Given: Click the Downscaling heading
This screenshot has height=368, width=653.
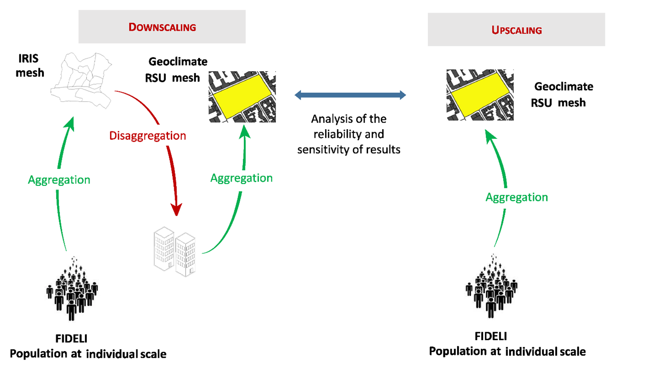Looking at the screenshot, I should click(x=162, y=27).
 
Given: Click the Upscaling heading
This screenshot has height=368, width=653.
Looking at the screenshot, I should click(x=516, y=30).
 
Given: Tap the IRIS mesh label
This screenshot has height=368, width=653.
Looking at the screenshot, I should click(x=30, y=65).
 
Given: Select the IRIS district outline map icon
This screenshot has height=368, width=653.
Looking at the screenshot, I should click(x=81, y=80).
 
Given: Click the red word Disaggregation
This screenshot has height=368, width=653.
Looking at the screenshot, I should click(x=147, y=135).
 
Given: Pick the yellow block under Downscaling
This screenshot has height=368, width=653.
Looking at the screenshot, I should click(x=242, y=95).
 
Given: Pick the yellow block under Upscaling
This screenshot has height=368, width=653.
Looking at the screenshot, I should click(x=480, y=94).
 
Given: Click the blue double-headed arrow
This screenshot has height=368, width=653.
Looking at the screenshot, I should click(x=350, y=95).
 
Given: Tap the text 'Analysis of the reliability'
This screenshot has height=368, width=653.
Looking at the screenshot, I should click(x=349, y=126).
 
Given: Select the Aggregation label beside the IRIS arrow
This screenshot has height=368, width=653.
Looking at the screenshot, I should click(x=59, y=180).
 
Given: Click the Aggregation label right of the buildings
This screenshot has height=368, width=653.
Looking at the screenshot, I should click(x=241, y=178).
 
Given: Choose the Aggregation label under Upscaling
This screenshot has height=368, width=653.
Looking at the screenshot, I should click(x=516, y=197).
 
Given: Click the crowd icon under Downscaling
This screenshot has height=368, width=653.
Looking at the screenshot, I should click(x=72, y=290).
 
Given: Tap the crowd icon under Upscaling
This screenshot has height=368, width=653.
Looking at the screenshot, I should click(x=491, y=287).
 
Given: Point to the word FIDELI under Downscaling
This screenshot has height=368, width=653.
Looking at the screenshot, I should click(x=71, y=338).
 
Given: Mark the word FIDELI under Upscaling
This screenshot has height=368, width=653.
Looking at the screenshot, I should click(x=491, y=336).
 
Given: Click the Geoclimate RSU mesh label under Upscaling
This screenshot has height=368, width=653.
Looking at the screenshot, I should click(x=562, y=94).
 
